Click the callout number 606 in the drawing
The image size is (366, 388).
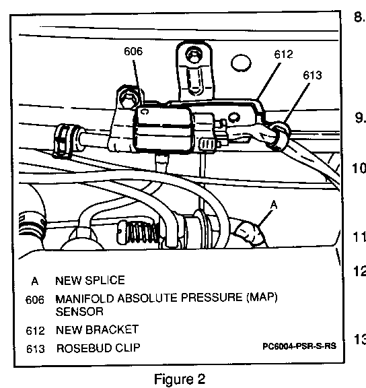tap(133, 51)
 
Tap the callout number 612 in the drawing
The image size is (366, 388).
tap(283, 54)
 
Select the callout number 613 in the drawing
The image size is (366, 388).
tap(312, 75)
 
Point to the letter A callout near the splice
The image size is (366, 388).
tap(274, 205)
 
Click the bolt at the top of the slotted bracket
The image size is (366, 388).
tap(194, 55)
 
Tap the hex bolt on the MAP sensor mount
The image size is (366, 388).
tap(128, 98)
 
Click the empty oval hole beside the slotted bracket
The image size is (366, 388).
tap(241, 63)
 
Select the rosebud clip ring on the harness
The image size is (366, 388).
tap(280, 136)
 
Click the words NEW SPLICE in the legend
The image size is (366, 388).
tap(90, 280)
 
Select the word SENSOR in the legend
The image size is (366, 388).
tap(79, 311)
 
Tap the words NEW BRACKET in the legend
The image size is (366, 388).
tap(97, 329)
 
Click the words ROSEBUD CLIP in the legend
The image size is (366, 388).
tap(98, 348)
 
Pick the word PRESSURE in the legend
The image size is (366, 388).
tap(211, 298)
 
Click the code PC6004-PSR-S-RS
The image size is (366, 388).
tap(299, 346)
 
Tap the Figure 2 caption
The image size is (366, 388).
tap(180, 379)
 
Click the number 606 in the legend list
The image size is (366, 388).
tap(35, 300)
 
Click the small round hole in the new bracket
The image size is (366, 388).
tap(233, 117)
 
